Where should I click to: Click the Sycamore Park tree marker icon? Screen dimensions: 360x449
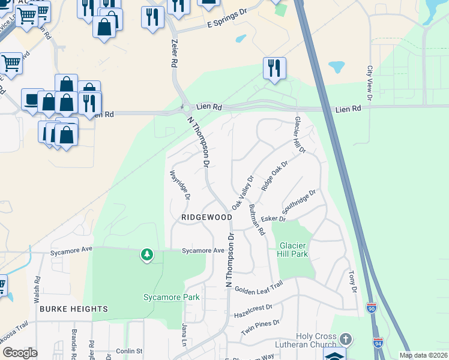point(146,256)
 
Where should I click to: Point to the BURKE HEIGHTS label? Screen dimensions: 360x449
point(74,309)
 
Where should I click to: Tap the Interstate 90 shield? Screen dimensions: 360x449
point(371,307)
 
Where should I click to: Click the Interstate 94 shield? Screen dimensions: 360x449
point(378,343)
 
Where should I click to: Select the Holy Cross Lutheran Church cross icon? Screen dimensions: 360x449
point(345,339)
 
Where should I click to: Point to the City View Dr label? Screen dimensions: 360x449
point(370,83)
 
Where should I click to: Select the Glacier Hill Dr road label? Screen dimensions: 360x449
point(298,134)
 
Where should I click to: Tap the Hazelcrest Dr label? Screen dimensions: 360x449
point(252,307)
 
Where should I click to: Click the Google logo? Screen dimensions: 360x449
point(20,353)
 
